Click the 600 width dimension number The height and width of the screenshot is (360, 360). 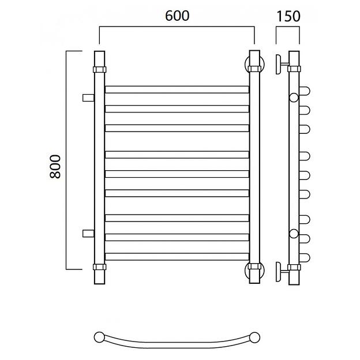tap(177, 16)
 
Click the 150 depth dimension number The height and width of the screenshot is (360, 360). tap(288, 16)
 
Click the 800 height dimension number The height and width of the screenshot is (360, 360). tap(55, 167)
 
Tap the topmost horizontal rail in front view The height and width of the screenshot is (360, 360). tap(177, 89)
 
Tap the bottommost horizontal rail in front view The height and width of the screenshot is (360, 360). tap(177, 257)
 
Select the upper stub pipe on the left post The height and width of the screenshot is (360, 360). tap(88, 97)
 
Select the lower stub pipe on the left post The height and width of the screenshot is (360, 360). tap(88, 233)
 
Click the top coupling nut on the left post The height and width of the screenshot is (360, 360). tap(99, 69)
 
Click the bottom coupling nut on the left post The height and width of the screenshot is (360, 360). tap(99, 267)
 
